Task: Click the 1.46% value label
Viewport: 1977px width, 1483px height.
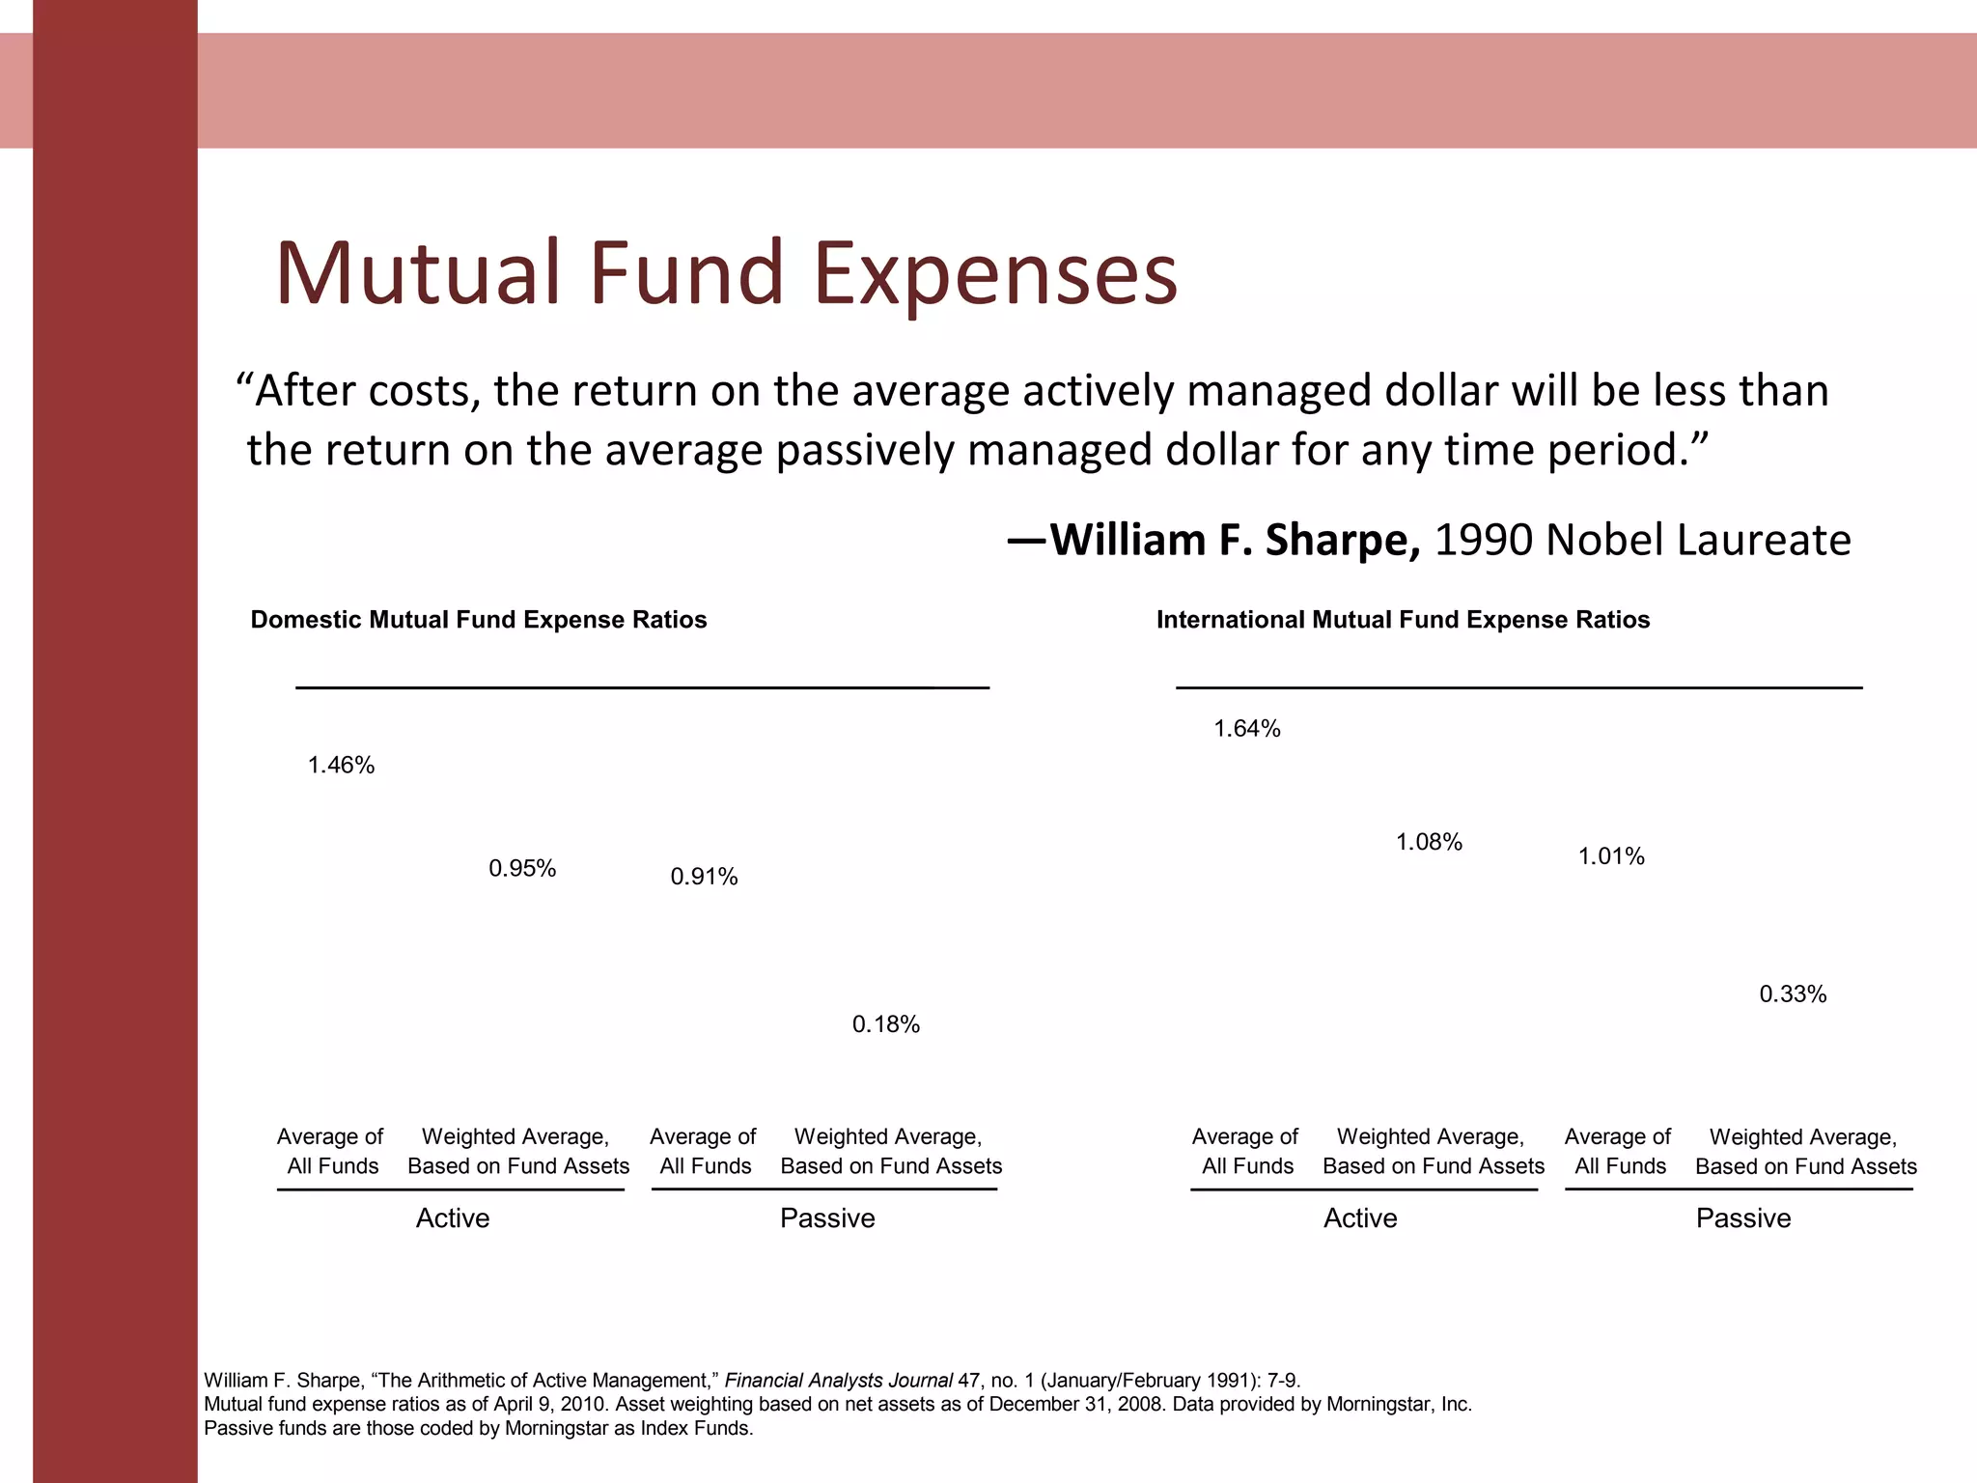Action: click(341, 766)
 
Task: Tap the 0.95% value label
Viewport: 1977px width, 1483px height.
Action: click(522, 869)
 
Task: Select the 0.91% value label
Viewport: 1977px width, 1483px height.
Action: click(704, 877)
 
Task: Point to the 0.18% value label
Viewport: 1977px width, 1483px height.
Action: click(885, 1024)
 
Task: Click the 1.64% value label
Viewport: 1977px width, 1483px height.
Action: click(1246, 729)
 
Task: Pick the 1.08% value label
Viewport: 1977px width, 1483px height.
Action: click(1429, 842)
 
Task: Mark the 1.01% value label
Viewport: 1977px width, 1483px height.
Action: click(1611, 856)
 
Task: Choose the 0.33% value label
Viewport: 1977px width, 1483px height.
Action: click(1793, 994)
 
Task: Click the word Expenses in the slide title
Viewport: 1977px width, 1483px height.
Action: click(995, 274)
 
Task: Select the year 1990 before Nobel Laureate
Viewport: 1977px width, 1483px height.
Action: click(1484, 541)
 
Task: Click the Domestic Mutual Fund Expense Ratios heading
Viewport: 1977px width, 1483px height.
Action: click(479, 620)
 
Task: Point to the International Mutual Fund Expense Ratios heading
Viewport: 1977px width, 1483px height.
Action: click(1403, 620)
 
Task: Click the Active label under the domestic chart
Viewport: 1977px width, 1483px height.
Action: click(453, 1218)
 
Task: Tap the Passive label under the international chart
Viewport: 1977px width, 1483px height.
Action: click(1743, 1218)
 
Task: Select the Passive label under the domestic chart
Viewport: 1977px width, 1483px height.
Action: click(827, 1218)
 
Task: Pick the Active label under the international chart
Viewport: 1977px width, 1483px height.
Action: click(1360, 1218)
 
